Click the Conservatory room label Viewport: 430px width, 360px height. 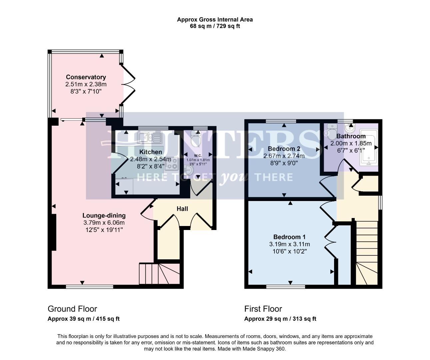click(x=86, y=77)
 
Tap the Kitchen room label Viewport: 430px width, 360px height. click(x=151, y=152)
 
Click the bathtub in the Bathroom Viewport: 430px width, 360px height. click(x=368, y=148)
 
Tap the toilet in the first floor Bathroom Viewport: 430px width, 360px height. click(x=332, y=132)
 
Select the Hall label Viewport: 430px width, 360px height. click(x=182, y=209)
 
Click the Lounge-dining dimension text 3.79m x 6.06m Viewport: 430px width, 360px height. click(x=104, y=222)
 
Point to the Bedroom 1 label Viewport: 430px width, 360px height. click(x=287, y=237)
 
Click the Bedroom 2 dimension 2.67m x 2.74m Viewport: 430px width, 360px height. click(x=284, y=156)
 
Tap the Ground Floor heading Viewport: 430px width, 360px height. click(x=72, y=309)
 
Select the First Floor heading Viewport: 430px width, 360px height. click(x=263, y=309)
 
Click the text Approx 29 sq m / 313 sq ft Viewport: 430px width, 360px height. click(x=280, y=319)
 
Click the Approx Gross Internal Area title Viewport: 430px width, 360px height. click(x=215, y=19)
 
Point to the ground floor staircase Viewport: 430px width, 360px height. click(x=159, y=273)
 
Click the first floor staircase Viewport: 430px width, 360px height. click(x=367, y=253)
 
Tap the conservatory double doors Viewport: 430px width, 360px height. click(x=128, y=85)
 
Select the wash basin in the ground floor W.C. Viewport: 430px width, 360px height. click(x=189, y=171)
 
